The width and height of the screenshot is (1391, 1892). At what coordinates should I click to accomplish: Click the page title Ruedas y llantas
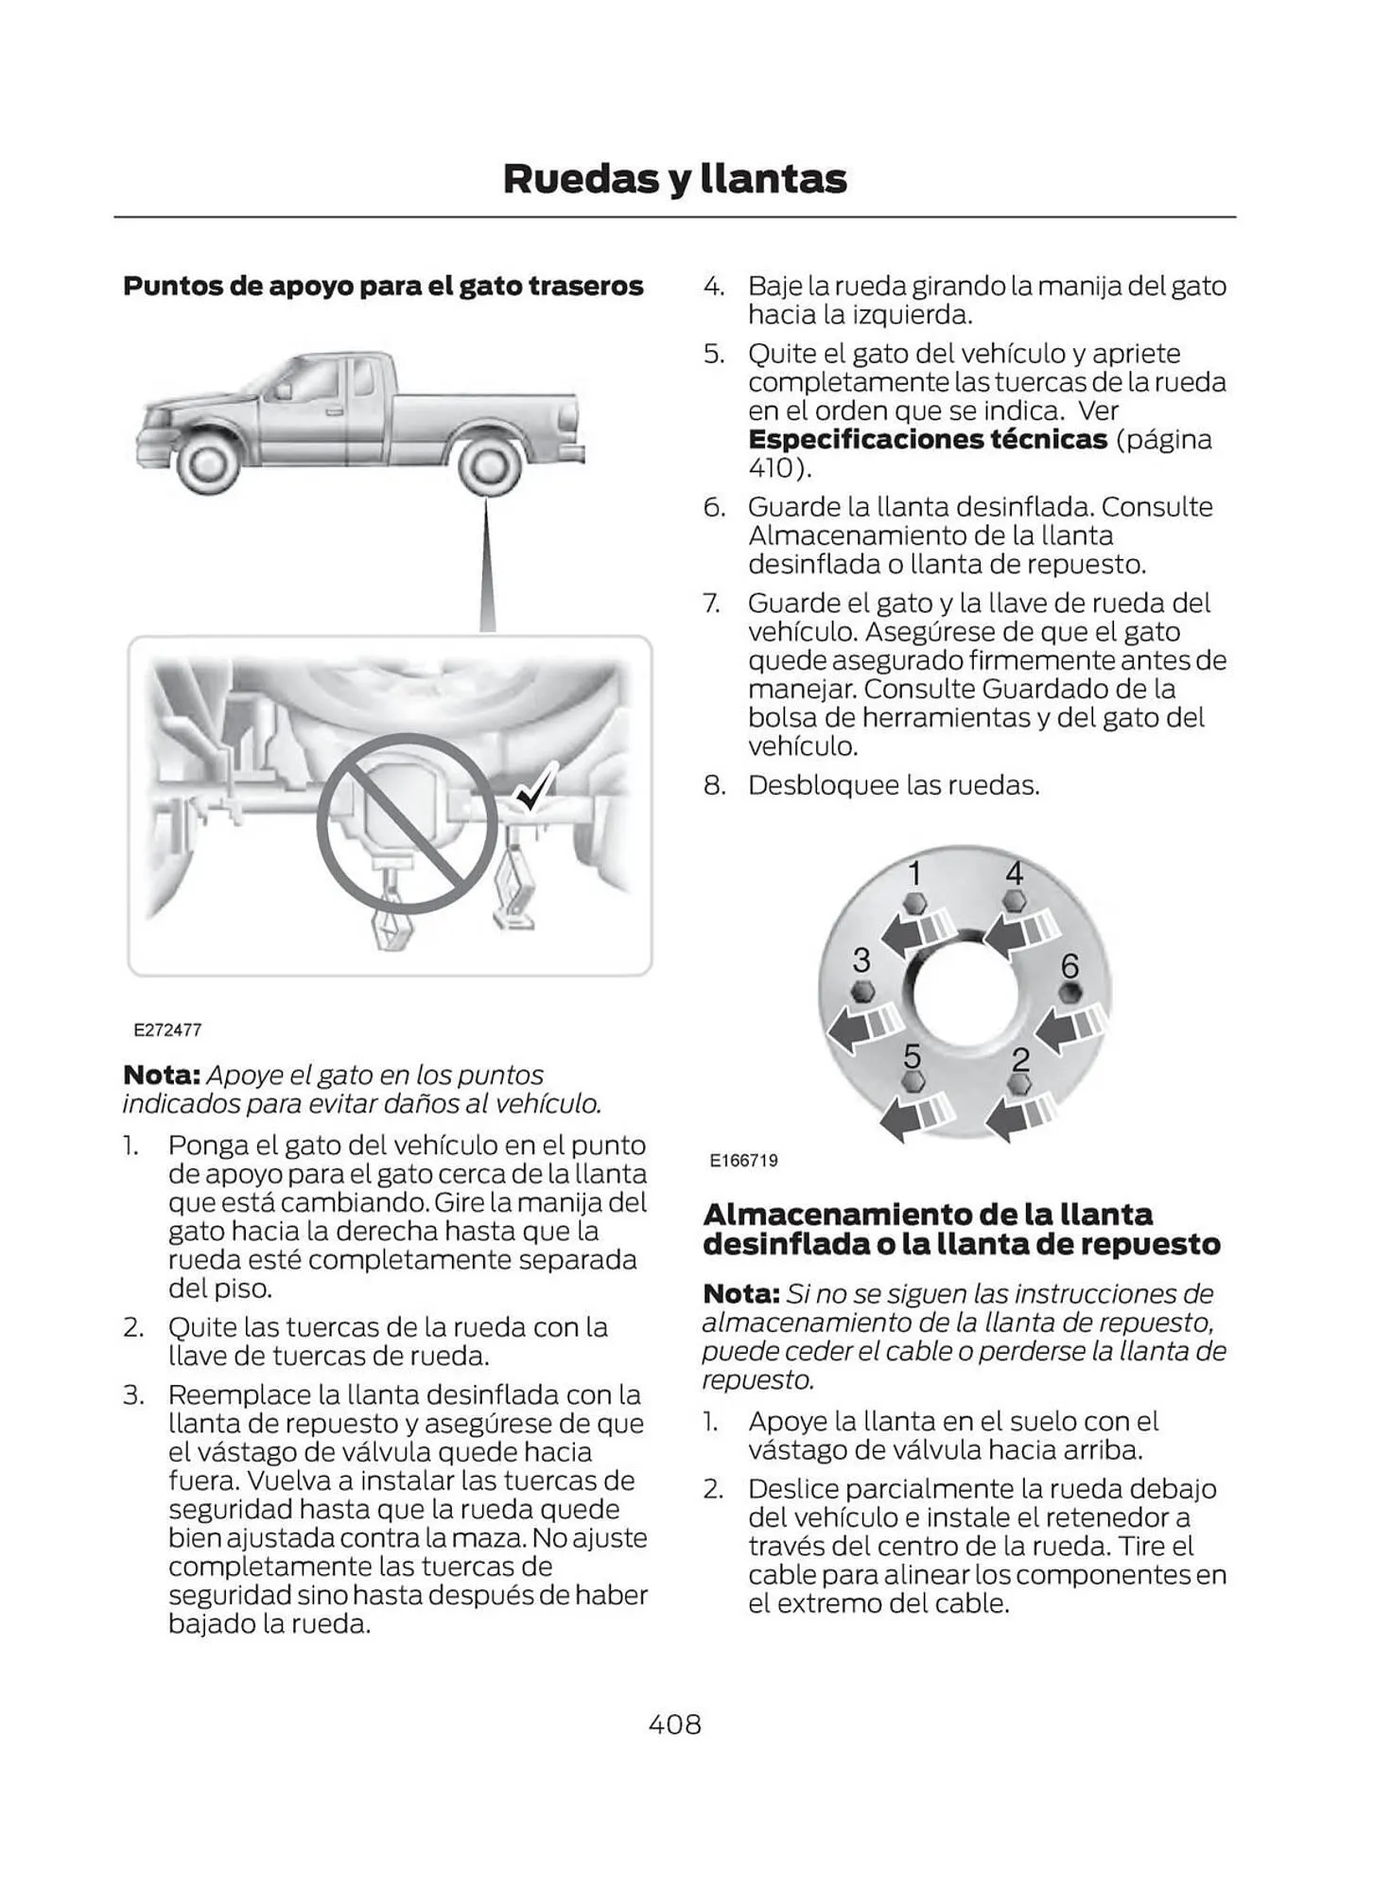click(x=674, y=179)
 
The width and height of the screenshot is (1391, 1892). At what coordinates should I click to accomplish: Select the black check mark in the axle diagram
click(x=536, y=787)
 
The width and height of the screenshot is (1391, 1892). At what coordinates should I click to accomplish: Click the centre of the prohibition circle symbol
click(x=407, y=824)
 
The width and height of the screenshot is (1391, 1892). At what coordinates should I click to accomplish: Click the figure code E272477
click(x=167, y=1029)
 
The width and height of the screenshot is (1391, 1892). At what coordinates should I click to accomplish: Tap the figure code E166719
click(x=744, y=1160)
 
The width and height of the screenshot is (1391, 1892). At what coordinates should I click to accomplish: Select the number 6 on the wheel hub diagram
click(x=1069, y=966)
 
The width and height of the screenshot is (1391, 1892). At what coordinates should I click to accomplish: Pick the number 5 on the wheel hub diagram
click(x=913, y=1055)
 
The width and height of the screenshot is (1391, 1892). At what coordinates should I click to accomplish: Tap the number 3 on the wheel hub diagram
click(x=861, y=960)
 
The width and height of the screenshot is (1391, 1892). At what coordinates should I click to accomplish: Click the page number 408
click(x=674, y=1724)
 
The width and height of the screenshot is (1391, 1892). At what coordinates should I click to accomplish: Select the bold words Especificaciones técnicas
click(x=927, y=440)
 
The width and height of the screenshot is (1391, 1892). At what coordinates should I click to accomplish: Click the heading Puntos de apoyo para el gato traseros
click(x=383, y=286)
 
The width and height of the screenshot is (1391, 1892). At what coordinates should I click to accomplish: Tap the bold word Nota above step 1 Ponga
click(x=161, y=1076)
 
